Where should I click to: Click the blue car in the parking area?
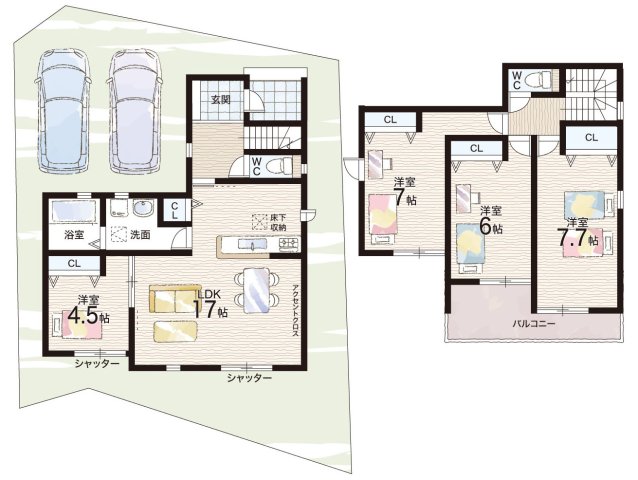(x=63, y=111)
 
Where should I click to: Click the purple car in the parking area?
(x=135, y=111)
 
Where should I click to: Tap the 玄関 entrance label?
(x=221, y=99)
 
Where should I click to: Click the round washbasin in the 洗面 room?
(x=143, y=208)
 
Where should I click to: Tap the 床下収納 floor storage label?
(x=279, y=223)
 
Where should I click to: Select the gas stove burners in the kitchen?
(x=288, y=244)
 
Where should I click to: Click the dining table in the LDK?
(x=257, y=290)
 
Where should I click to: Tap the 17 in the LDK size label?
(x=205, y=310)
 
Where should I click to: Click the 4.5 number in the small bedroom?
(x=83, y=315)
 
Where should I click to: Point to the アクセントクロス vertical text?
(x=296, y=310)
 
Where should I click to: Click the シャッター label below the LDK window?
(x=249, y=378)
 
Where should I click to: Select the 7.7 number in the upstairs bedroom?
(x=572, y=238)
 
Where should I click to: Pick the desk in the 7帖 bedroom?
(x=376, y=164)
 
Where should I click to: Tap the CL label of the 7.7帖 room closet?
(x=591, y=137)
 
